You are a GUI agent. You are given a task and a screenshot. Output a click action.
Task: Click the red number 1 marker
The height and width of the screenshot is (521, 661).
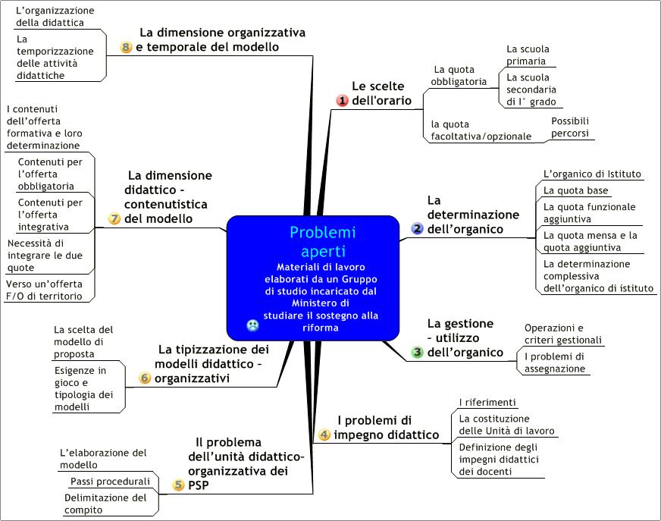[x=342, y=100]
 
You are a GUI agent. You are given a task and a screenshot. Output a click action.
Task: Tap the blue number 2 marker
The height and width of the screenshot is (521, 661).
[x=417, y=229]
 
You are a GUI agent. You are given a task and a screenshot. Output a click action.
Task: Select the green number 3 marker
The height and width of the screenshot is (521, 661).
[x=417, y=352]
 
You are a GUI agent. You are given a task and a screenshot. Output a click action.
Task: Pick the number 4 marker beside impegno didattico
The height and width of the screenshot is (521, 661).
[x=324, y=435]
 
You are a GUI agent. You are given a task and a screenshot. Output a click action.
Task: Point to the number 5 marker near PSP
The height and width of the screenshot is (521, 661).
[x=178, y=485]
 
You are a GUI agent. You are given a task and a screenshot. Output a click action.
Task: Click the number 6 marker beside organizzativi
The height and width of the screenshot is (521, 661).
[x=145, y=378]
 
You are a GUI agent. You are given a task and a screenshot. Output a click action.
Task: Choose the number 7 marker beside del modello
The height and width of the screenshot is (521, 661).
[x=114, y=218]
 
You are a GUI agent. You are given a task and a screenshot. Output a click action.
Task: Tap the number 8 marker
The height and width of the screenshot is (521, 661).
[x=126, y=47]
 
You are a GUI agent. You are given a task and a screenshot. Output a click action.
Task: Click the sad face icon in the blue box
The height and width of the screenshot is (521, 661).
[x=252, y=325]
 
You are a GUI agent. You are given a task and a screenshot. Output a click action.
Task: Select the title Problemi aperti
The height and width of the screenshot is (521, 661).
[x=323, y=242]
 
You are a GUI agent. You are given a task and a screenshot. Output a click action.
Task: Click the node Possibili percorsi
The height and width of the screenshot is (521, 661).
[x=570, y=127]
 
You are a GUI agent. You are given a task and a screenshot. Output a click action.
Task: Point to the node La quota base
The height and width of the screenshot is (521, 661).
[x=576, y=190]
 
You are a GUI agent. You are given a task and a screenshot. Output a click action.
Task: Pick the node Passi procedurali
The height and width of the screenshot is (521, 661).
[x=110, y=482]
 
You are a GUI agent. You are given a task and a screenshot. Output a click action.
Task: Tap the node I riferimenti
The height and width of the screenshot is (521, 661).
[x=487, y=403]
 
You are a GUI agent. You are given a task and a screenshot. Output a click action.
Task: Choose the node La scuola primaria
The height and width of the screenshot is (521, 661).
[x=528, y=55]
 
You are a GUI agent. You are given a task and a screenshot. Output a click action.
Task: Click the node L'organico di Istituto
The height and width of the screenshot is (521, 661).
[x=592, y=174]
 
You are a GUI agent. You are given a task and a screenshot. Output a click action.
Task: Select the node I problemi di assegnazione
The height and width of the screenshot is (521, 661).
[x=554, y=363]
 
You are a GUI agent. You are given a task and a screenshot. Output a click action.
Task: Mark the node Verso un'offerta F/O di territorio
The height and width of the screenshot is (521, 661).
[x=44, y=290]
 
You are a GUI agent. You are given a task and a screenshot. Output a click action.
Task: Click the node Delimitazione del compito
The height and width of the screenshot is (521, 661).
[x=105, y=504]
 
